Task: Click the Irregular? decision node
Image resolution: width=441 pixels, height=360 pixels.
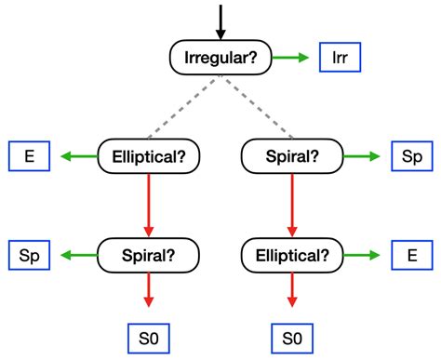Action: [x=220, y=58]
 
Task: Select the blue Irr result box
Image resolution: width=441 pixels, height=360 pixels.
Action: [x=340, y=58]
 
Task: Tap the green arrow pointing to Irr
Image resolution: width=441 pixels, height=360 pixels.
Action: [x=290, y=58]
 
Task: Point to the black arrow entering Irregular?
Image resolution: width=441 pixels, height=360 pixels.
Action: [x=220, y=22]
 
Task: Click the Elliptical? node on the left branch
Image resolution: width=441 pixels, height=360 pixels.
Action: [x=149, y=156]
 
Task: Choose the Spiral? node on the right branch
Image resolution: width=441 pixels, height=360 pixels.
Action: [x=292, y=156]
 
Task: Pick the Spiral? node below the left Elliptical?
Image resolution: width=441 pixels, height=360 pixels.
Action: [x=149, y=256]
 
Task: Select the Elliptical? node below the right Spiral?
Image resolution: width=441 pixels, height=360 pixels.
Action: [x=292, y=256]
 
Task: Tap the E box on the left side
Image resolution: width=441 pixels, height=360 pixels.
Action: [x=29, y=156]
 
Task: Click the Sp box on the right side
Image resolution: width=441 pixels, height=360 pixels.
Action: [x=412, y=156]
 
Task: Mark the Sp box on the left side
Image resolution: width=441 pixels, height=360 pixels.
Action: [x=29, y=255]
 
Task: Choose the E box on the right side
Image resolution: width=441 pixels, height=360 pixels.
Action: [x=412, y=255]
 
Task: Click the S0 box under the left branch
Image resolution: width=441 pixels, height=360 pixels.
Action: [x=149, y=339]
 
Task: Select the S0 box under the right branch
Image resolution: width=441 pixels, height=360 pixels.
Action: [x=292, y=339]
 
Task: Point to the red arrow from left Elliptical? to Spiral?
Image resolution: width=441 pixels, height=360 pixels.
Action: [x=149, y=206]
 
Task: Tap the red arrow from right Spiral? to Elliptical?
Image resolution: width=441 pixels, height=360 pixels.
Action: [x=292, y=206]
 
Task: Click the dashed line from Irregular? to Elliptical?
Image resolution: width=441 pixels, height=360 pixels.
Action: [x=183, y=107]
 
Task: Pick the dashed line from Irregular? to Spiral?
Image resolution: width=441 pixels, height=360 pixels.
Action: [x=258, y=107]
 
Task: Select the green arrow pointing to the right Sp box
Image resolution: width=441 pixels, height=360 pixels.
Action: [x=362, y=156]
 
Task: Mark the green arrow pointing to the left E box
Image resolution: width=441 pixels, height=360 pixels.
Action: [x=79, y=156]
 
